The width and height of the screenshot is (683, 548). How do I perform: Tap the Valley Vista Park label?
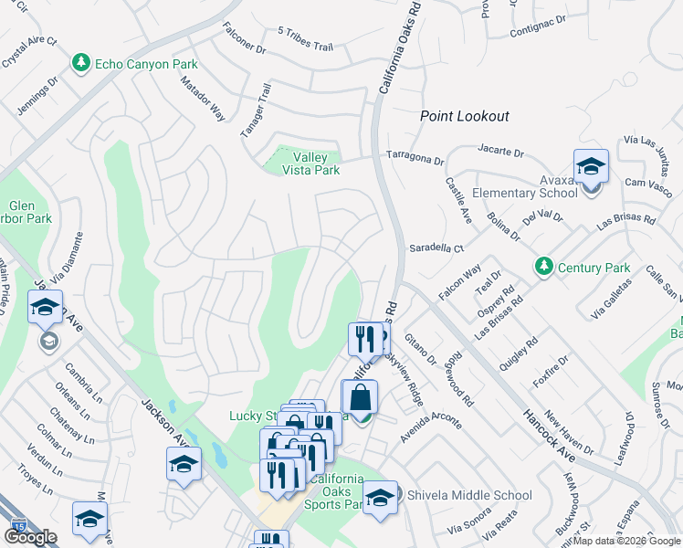310,163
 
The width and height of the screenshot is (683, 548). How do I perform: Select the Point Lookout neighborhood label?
464,116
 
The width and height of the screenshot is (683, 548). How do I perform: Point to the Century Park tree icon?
544,267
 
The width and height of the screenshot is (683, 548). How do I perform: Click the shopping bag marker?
361,398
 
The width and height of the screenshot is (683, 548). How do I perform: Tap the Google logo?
29,537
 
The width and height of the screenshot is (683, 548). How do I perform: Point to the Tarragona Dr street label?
414,157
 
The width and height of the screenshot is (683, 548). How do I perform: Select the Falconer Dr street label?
243,38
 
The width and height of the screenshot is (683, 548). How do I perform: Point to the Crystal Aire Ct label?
29,54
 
